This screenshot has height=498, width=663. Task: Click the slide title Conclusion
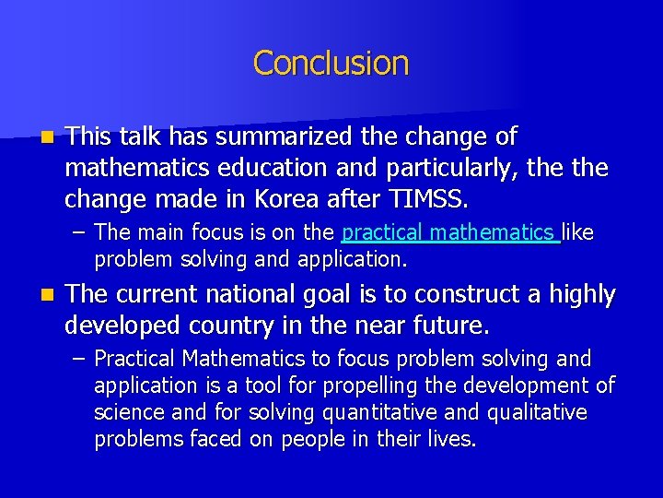pyautogui.click(x=331, y=63)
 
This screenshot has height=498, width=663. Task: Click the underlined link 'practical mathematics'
pyautogui.click(x=449, y=233)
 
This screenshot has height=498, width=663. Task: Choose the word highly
pyautogui.click(x=582, y=295)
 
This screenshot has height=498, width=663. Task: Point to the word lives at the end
pyautogui.click(x=452, y=440)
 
